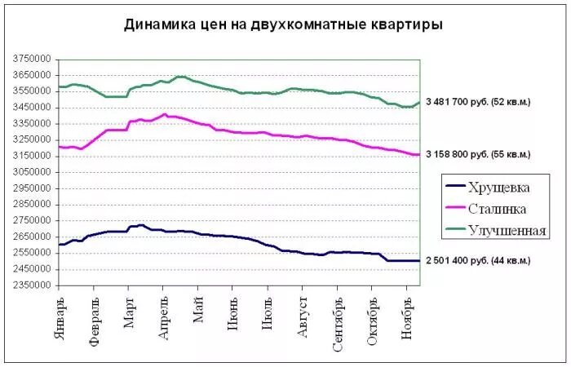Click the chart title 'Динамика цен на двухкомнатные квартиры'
click(284, 25)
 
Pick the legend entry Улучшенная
click(507, 231)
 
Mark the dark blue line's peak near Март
click(141, 225)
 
